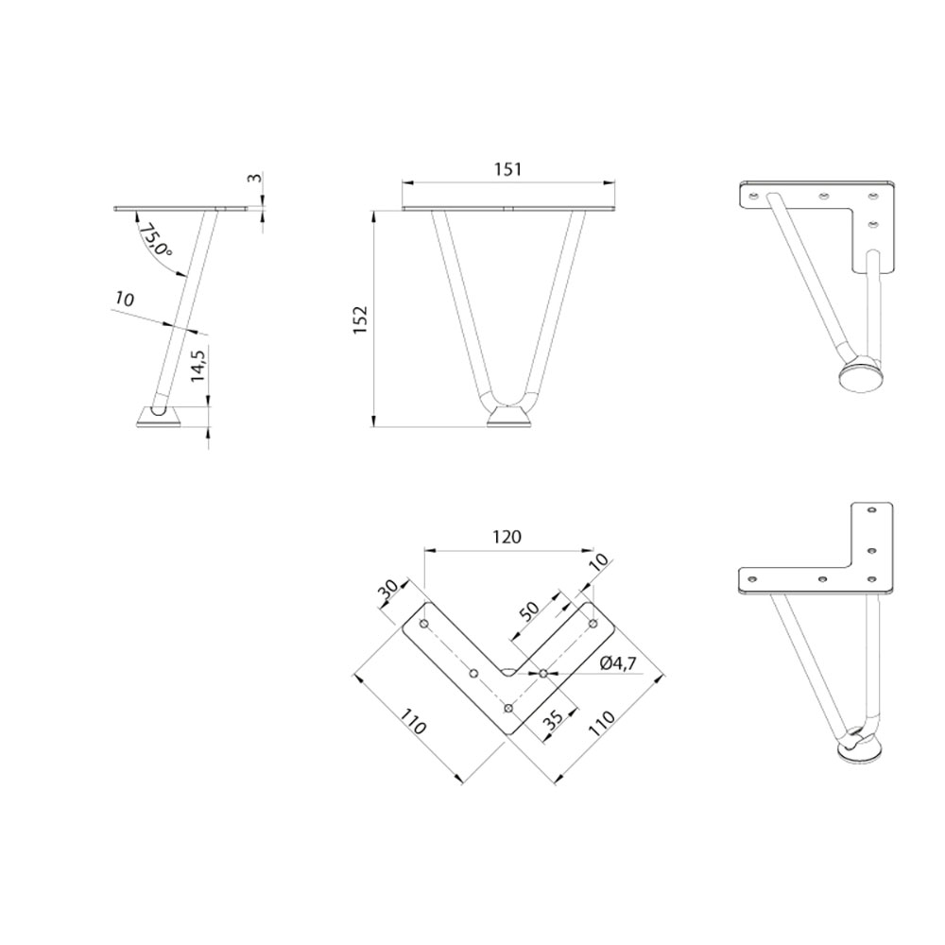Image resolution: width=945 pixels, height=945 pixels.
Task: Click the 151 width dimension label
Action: point(508,169)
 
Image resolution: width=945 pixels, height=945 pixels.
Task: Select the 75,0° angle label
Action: point(154,241)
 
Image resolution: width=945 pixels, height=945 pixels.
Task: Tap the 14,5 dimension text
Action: point(198,364)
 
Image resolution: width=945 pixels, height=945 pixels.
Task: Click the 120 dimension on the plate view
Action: point(507,537)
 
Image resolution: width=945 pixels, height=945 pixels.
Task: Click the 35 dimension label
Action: point(553,717)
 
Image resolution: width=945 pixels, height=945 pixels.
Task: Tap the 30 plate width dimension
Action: point(388,590)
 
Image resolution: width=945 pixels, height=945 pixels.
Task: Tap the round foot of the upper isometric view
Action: point(861,374)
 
